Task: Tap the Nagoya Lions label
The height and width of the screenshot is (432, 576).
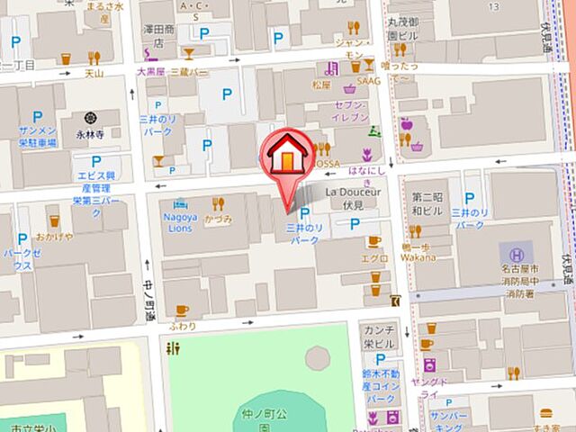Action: (x=180, y=222)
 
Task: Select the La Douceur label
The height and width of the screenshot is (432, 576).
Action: (x=354, y=192)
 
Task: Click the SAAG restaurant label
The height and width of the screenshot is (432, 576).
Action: (x=370, y=81)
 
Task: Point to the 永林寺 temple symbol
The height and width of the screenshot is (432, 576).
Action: (x=91, y=118)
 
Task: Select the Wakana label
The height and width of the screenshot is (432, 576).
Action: (x=418, y=256)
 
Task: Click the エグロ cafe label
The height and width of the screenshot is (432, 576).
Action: (x=374, y=258)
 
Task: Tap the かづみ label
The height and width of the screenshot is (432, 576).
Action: (x=219, y=219)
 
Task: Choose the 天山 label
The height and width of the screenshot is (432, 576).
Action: (x=94, y=74)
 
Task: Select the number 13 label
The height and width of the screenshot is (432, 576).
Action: (x=492, y=6)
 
